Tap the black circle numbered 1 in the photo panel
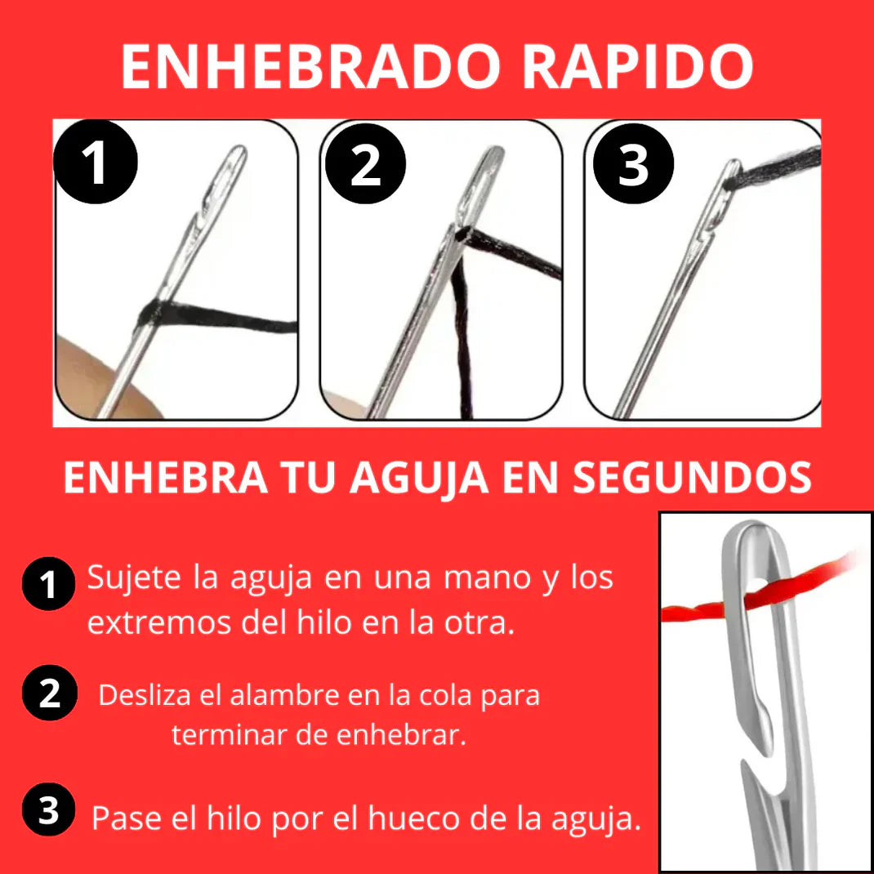pos(96,162)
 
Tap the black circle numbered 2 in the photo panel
pos(365,163)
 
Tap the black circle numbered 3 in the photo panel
pos(633,163)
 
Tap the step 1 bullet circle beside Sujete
pos(48,583)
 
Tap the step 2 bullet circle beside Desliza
pos(49,693)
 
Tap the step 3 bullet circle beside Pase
pos(48,810)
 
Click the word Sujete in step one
pos(134,578)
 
